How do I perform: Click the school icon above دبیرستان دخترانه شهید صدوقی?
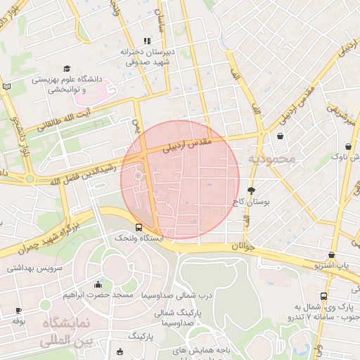[147, 41]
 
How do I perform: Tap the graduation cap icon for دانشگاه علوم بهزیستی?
[67, 69]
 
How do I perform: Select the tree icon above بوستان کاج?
[251, 190]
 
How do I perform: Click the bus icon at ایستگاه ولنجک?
[139, 227]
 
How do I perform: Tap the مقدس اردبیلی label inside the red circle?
[187, 144]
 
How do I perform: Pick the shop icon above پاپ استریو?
[331, 255]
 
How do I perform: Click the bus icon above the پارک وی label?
[323, 296]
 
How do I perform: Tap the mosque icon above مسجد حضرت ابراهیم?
[97, 285]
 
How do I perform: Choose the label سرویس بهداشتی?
[35, 269]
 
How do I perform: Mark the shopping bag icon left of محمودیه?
[281, 136]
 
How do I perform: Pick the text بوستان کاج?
[251, 202]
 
